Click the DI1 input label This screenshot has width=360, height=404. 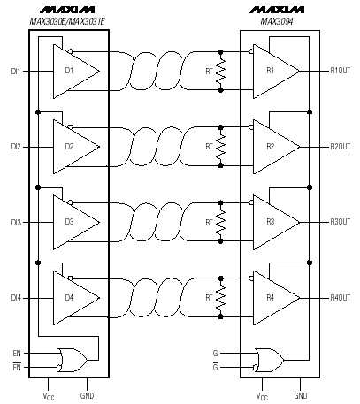[16, 72]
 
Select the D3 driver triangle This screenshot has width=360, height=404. [76, 222]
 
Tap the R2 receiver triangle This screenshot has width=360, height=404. [277, 147]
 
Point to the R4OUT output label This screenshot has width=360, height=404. [341, 298]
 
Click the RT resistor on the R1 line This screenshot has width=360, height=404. [220, 71]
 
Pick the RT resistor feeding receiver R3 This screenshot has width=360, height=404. [220, 222]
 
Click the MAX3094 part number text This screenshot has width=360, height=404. [277, 21]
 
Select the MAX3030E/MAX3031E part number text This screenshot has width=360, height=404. [67, 21]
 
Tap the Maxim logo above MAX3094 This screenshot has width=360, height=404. [277, 10]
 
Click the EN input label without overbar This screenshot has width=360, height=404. [17, 353]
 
